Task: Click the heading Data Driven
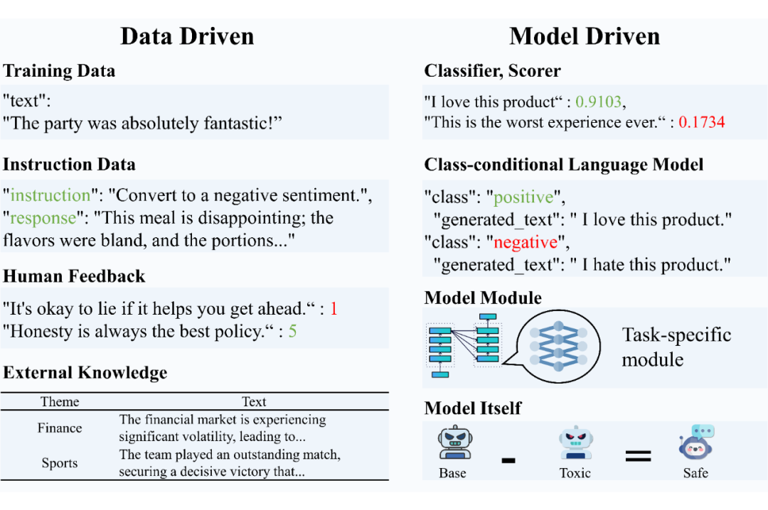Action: pos(187,36)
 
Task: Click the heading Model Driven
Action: pos(585,36)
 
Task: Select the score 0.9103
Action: pos(599,102)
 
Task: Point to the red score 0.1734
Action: pos(701,121)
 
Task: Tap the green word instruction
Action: pos(50,195)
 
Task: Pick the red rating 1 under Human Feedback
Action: pos(334,309)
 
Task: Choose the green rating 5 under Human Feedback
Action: pos(292,332)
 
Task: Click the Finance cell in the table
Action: pos(60,428)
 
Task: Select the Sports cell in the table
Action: pos(60,463)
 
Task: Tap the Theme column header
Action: pos(60,401)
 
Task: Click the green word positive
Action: pos(523,197)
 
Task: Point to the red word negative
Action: pos(526,242)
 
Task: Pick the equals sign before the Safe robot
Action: pos(638,455)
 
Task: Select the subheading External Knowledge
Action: pos(85,372)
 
